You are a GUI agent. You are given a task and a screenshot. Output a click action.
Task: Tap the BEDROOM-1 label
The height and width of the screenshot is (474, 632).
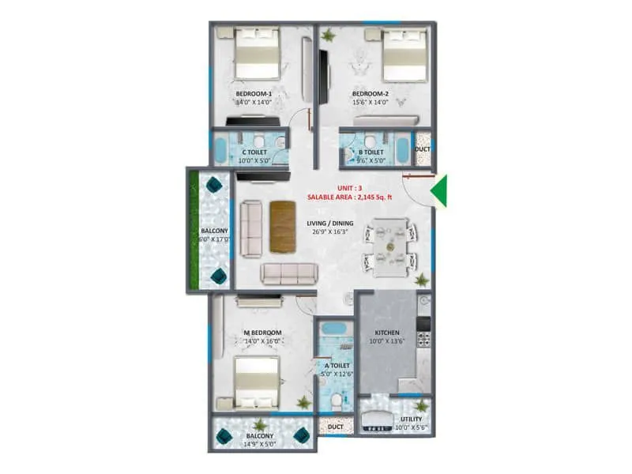coord(253,94)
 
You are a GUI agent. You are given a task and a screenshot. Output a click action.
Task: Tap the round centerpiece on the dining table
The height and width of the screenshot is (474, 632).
coord(390,247)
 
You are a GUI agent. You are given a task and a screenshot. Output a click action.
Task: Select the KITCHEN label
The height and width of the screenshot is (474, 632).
coord(386,333)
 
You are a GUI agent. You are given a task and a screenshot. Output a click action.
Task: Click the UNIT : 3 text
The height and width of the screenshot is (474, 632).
coord(348,188)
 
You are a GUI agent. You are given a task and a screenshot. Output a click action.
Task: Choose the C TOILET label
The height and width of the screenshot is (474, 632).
coord(254,152)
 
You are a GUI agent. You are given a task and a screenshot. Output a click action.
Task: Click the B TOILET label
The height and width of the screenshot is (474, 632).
coord(371,152)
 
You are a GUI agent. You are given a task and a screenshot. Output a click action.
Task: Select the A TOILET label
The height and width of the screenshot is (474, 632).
coord(337,366)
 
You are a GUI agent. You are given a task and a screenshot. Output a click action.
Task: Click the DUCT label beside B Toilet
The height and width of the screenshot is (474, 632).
coord(423,149)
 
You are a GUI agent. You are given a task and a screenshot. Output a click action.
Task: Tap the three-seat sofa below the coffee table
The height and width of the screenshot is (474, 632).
coord(289,273)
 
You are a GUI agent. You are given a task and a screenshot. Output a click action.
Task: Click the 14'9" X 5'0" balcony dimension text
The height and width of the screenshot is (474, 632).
coord(259,444)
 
